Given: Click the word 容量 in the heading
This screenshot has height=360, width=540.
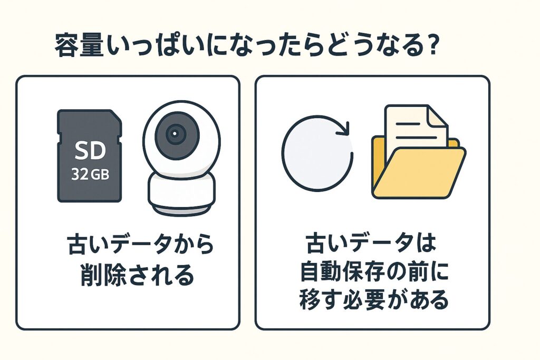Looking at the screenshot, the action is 79,45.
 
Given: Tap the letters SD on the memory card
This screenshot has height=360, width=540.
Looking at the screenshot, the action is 90,150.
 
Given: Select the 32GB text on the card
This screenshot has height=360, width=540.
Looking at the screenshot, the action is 90,174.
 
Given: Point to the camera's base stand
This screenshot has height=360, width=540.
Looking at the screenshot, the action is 181,196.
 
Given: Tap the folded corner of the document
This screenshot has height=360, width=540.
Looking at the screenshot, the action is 437,116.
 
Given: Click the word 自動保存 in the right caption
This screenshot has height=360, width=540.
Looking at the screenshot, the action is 345,271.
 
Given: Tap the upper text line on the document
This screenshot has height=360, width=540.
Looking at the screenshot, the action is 408,124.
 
